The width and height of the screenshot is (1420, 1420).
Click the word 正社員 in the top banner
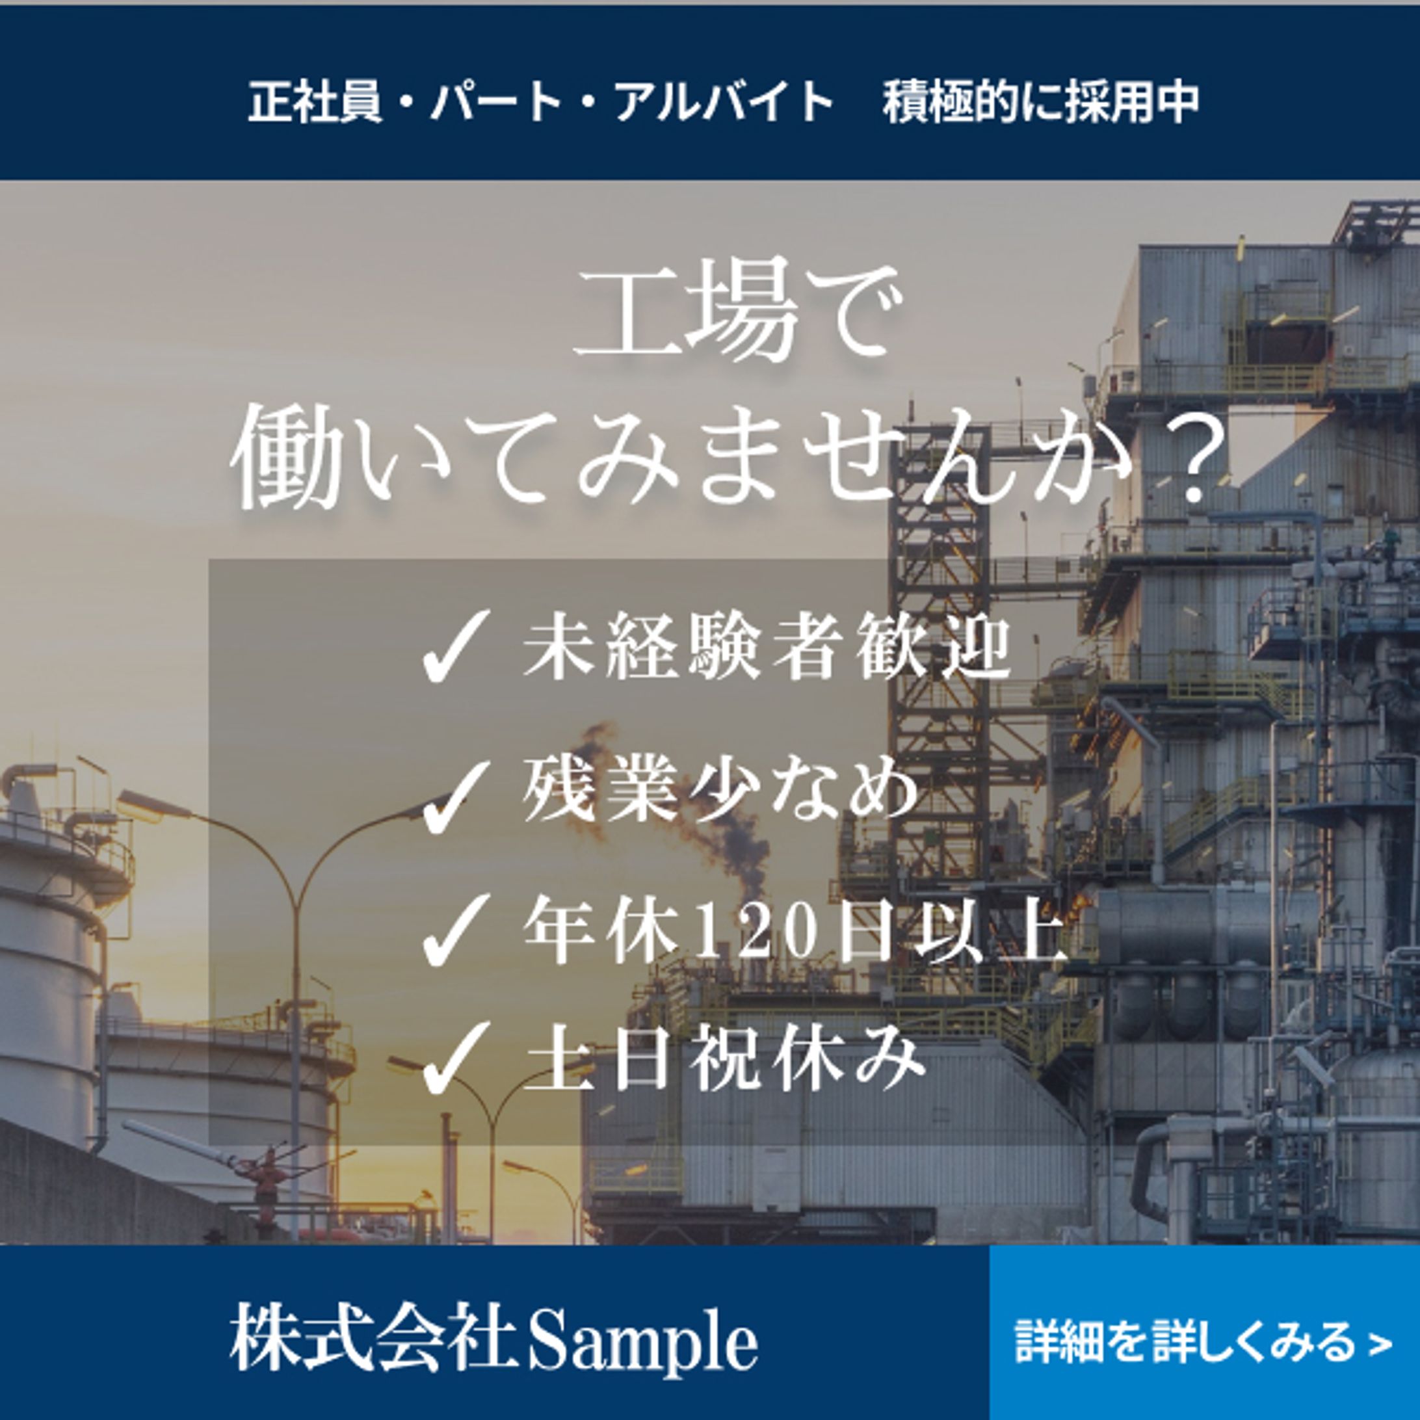coord(315,101)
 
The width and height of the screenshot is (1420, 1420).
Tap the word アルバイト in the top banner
coord(724,101)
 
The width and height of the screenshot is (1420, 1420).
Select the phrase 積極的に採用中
coord(1042,101)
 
